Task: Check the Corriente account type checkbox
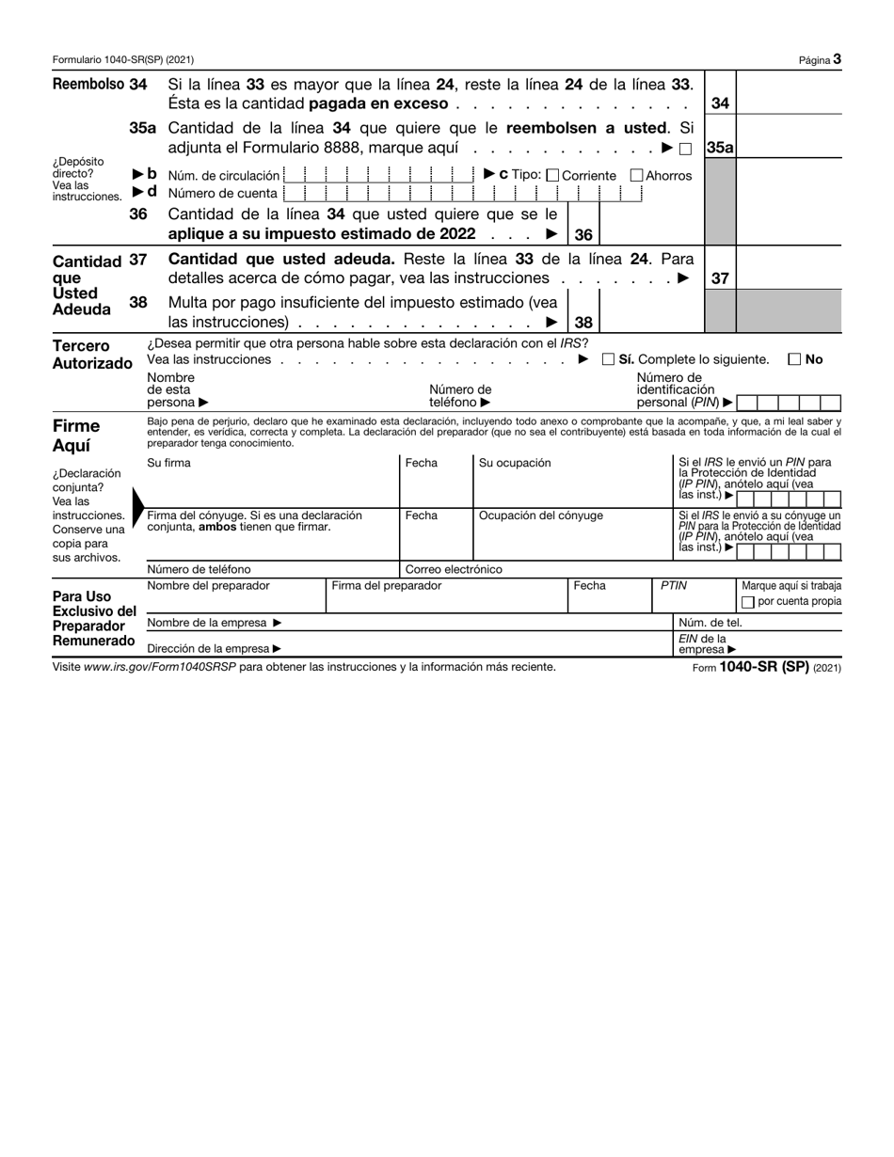tap(552, 175)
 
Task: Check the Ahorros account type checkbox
tap(636, 175)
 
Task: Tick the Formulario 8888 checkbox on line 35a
tap(685, 149)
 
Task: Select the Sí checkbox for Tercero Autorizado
tap(608, 359)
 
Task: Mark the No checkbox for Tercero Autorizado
tap(794, 359)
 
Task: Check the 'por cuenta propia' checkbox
tap(748, 602)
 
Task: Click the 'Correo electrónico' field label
tap(454, 569)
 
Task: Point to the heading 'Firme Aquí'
tap(76, 436)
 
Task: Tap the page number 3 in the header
tap(837, 59)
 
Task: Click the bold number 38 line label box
tap(583, 322)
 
